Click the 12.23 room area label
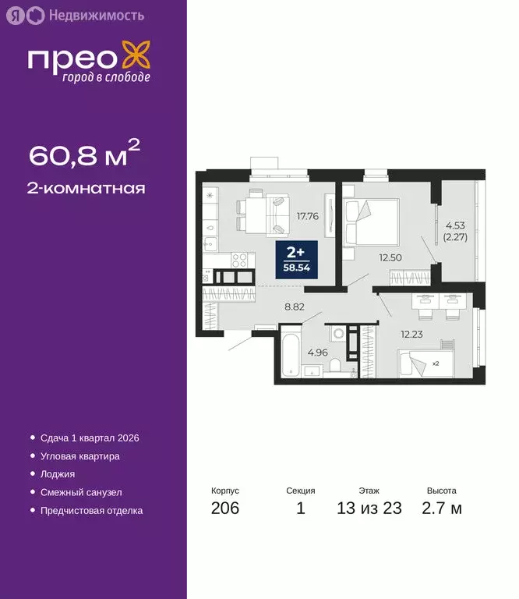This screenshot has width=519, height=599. [x=412, y=334]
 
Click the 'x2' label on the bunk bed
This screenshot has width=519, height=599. [x=436, y=363]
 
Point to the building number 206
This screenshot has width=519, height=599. [x=225, y=509]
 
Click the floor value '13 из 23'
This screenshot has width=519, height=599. [x=369, y=509]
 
